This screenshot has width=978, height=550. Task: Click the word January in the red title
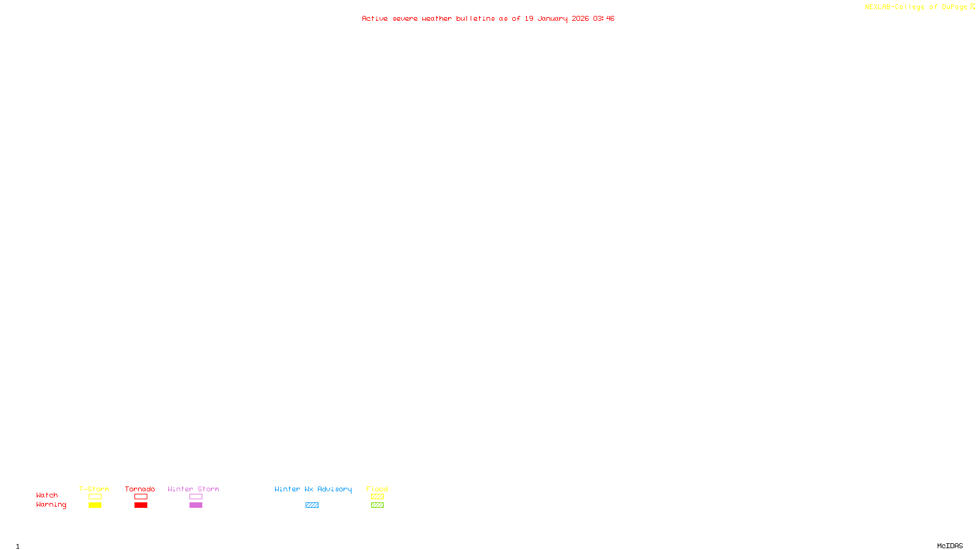click(x=552, y=19)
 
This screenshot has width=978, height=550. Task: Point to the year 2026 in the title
click(x=580, y=19)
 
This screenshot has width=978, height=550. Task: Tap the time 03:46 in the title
click(x=603, y=19)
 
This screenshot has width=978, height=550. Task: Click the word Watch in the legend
click(x=47, y=496)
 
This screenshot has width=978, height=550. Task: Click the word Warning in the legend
click(x=51, y=505)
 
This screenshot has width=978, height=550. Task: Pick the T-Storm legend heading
click(x=94, y=489)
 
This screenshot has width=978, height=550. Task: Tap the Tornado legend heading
click(x=140, y=489)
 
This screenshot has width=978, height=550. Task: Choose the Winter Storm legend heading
click(x=193, y=489)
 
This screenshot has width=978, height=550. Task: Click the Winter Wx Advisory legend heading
click(x=313, y=489)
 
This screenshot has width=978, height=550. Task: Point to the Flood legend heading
click(x=377, y=489)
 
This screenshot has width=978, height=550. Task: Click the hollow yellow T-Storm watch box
click(x=95, y=497)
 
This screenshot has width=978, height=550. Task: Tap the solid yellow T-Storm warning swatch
click(x=95, y=505)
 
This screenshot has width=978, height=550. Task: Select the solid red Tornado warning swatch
click(x=141, y=505)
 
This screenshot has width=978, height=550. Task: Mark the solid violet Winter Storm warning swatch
click(x=196, y=505)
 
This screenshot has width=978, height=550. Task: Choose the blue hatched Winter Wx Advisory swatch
click(x=312, y=505)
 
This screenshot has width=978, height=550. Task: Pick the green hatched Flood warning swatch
click(x=377, y=505)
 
